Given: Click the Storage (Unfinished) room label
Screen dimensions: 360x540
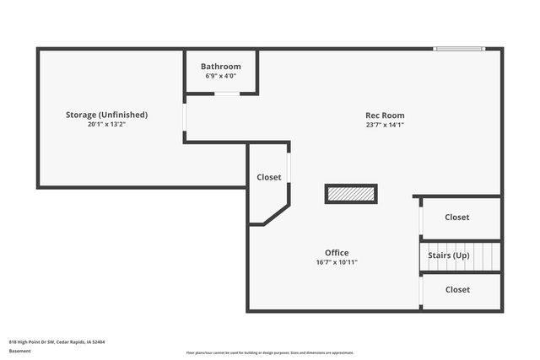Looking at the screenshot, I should tap(107, 115).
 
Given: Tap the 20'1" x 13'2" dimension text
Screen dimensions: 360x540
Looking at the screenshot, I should tap(107, 124).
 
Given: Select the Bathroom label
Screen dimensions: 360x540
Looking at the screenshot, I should tap(220, 67).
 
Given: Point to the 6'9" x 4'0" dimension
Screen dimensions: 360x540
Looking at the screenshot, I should tap(220, 76).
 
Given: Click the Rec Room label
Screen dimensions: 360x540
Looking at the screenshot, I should tap(385, 116).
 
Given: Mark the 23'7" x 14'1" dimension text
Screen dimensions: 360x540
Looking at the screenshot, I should tap(385, 125).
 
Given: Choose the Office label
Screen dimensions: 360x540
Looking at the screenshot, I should tap(337, 253).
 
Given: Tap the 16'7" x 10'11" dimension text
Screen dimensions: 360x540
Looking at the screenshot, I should tap(337, 262).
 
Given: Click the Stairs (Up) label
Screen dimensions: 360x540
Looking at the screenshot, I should tap(449, 255).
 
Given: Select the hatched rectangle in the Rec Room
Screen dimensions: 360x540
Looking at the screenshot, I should tap(351, 194).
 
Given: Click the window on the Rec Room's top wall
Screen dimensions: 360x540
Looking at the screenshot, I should tap(459, 49).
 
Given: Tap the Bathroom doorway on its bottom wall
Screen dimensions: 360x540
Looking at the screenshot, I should tap(226, 94).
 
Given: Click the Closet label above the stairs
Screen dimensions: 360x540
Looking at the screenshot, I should tap(457, 218).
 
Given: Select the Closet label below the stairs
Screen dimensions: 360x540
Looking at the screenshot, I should tap(457, 290).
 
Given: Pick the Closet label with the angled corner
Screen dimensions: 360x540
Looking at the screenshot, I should tap(269, 178).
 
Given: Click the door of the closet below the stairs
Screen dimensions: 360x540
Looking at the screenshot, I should tap(420, 291).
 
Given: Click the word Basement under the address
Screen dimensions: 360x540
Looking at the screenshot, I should tap(20, 352).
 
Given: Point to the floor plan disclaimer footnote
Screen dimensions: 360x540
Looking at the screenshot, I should tap(270, 352).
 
